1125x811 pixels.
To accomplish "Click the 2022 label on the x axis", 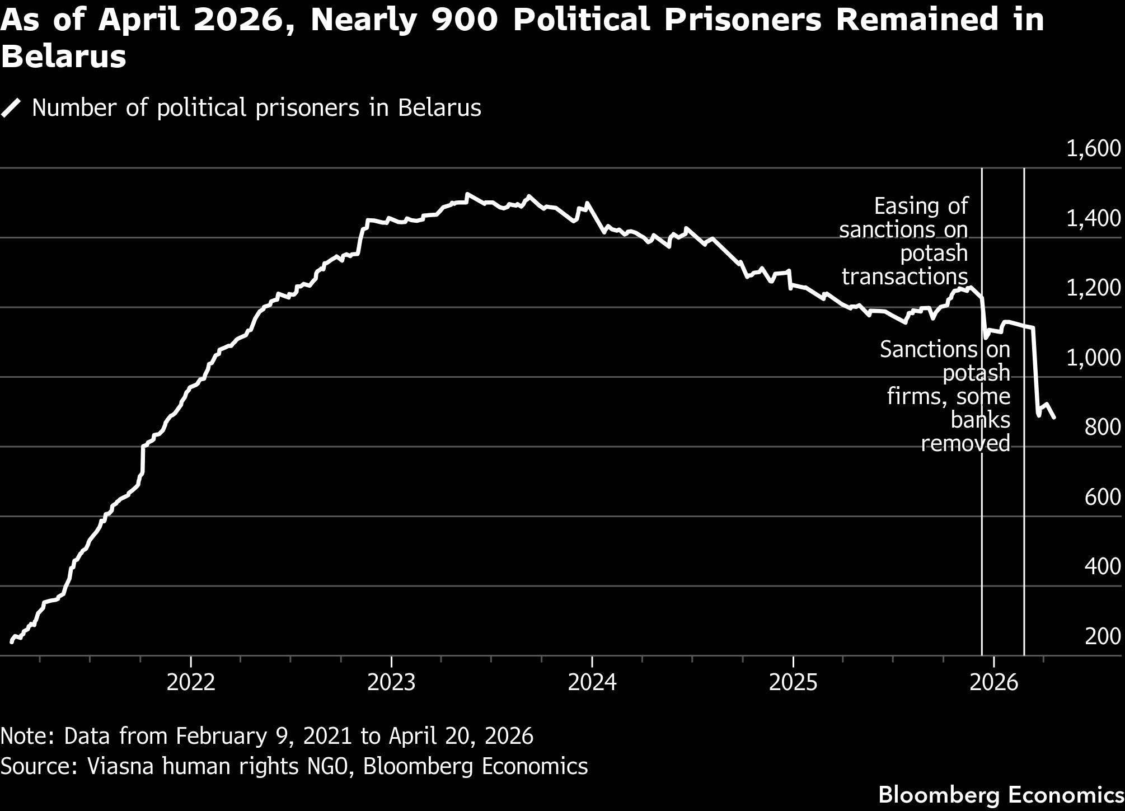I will click(x=191, y=683).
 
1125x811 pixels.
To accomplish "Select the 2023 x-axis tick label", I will click(x=391, y=683).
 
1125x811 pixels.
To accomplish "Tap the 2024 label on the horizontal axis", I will click(x=592, y=683).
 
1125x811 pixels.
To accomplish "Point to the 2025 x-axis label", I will click(x=793, y=683).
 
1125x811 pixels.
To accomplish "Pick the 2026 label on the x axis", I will click(x=993, y=683).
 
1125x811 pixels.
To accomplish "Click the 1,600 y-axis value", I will click(x=1093, y=149).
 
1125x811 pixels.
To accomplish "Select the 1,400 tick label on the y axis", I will click(x=1093, y=218).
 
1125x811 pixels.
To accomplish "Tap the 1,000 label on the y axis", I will click(x=1093, y=358).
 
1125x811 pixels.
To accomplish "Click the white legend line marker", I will click(x=11, y=108).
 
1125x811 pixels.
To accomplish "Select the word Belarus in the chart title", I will click(x=63, y=57).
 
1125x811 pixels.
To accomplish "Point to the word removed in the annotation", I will click(x=965, y=443).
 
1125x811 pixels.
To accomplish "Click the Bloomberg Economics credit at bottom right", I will click(x=1001, y=795).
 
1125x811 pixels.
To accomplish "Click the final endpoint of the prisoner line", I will click(x=1054, y=418).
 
